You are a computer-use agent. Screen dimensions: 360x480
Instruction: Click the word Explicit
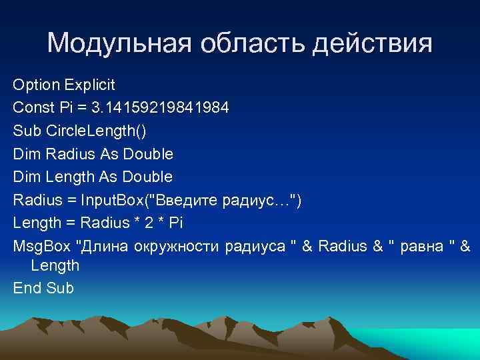pos(89,85)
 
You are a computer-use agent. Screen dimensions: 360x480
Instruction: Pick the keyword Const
pos(31,108)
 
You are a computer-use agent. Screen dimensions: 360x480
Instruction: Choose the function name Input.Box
pos(107,200)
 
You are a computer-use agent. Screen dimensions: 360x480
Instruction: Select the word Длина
pos(104,245)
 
